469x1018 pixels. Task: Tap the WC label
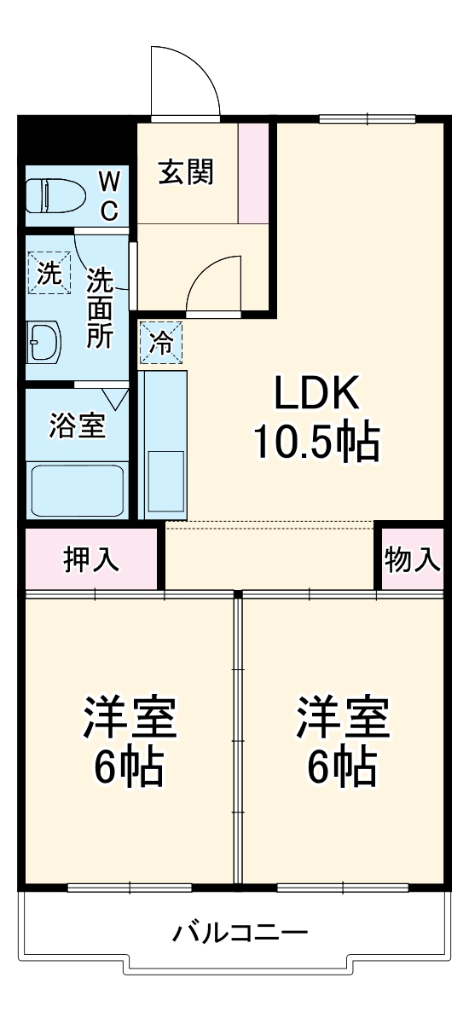[x=108, y=195]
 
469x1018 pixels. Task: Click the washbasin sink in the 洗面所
[x=43, y=342]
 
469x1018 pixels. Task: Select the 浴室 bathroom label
[x=78, y=425]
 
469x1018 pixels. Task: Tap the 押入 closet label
[x=91, y=560]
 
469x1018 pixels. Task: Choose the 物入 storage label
[x=413, y=560]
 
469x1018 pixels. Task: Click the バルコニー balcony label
[x=240, y=932]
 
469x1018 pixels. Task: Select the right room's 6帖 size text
[x=343, y=766]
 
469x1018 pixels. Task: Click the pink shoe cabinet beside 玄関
[x=253, y=174]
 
